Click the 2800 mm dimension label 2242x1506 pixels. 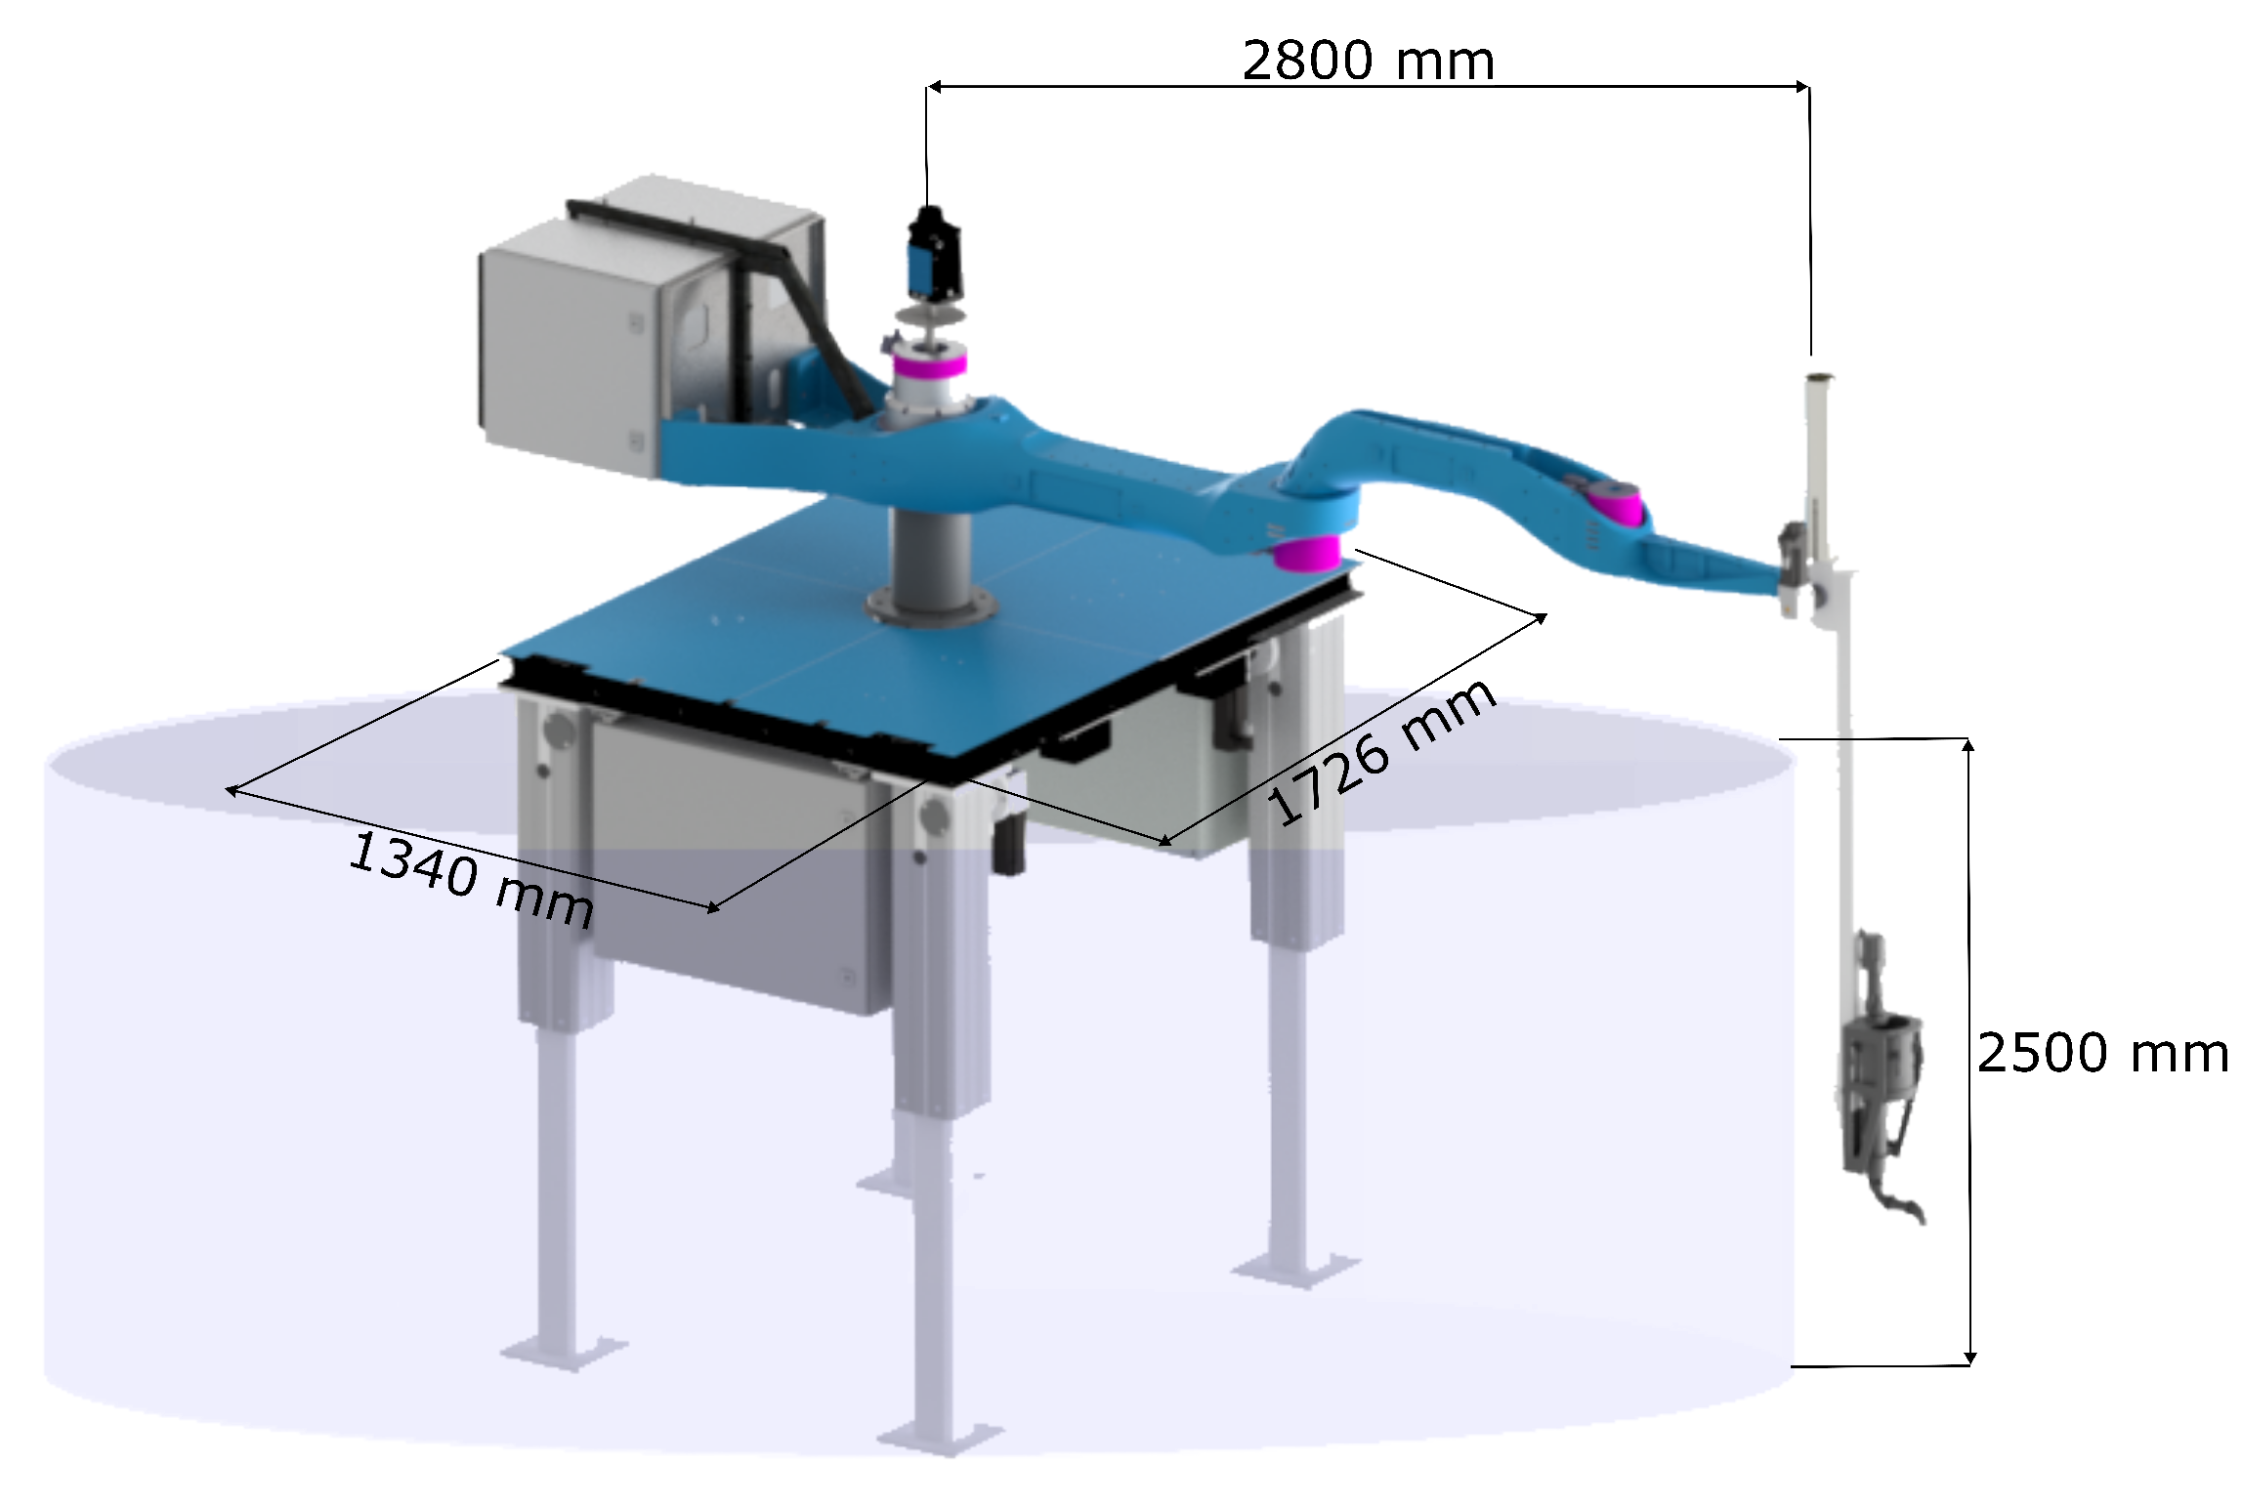coord(1368,61)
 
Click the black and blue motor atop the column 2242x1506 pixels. coord(934,253)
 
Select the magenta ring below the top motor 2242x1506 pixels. coord(929,365)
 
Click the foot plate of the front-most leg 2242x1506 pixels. coord(940,1437)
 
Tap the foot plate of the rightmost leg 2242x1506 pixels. coord(1295,1270)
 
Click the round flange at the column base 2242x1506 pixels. coord(931,607)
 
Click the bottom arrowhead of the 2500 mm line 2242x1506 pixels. coord(1970,1358)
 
